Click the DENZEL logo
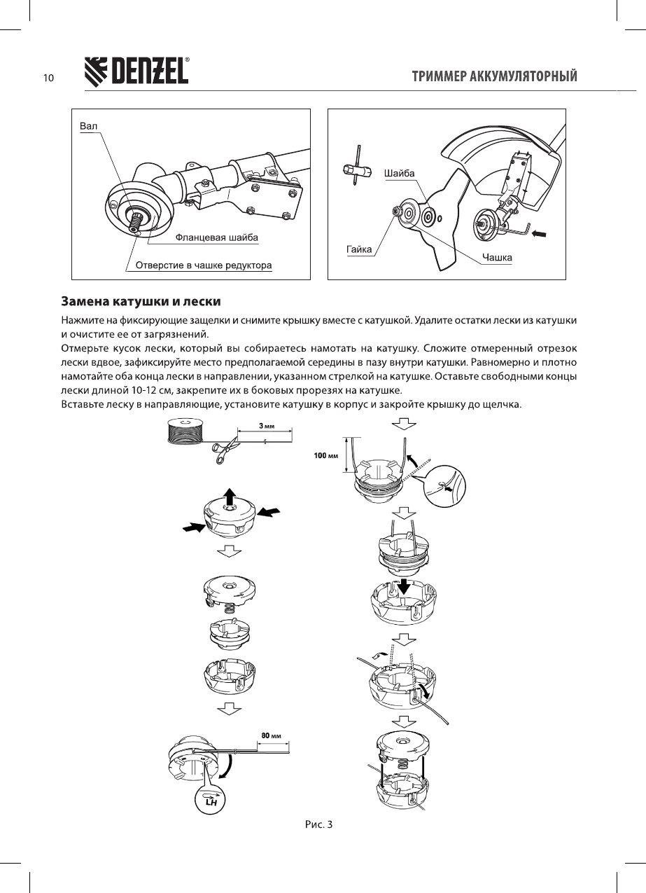pyautogui.click(x=136, y=72)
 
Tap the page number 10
pyautogui.click(x=48, y=78)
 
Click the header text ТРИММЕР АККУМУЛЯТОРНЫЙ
pyautogui.click(x=495, y=76)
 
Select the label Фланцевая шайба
pyautogui.click(x=216, y=237)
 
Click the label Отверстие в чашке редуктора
pyautogui.click(x=203, y=265)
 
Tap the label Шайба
pyautogui.click(x=400, y=172)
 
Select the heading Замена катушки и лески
pyautogui.click(x=141, y=302)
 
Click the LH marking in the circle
pyautogui.click(x=209, y=802)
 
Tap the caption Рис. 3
pyautogui.click(x=318, y=824)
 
